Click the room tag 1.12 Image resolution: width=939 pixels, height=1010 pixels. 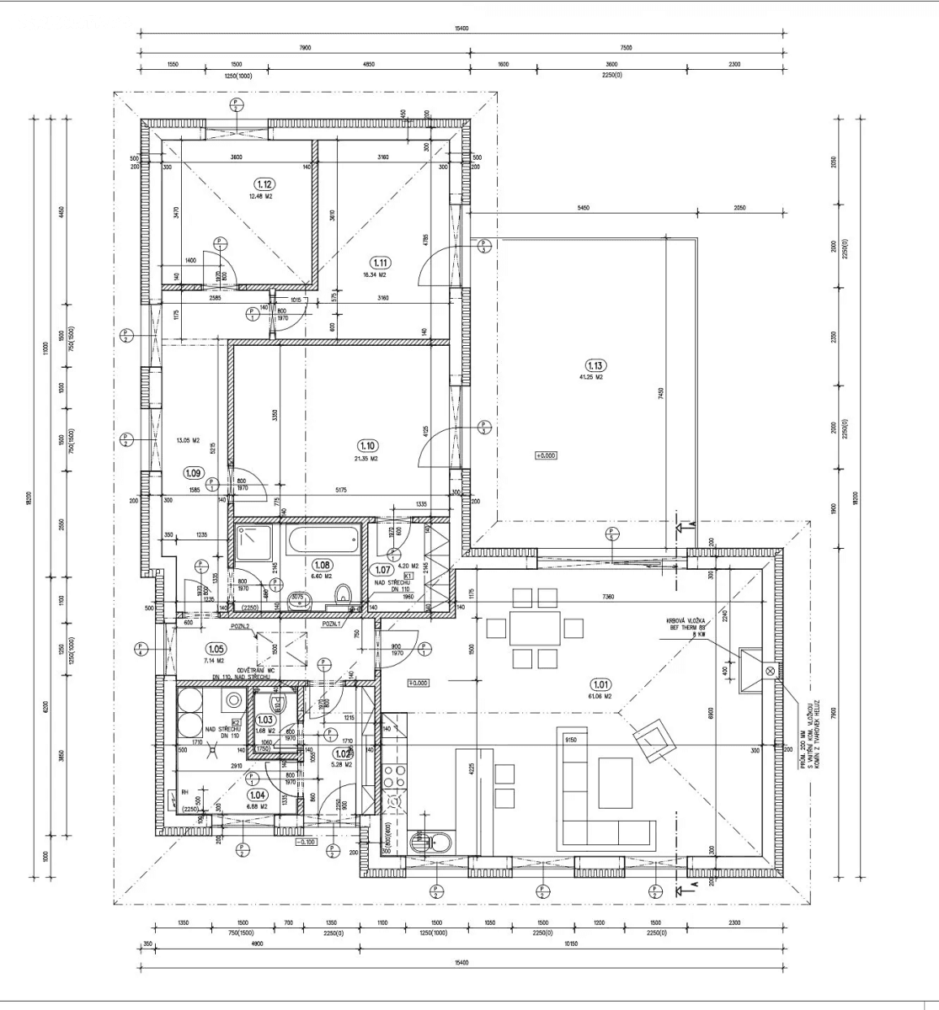coord(264,183)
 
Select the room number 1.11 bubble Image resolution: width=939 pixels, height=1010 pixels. coord(382,263)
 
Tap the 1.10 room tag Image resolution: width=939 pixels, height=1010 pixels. coord(367,446)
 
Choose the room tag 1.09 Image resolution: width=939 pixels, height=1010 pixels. coord(194,473)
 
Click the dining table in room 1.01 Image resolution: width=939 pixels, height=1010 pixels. coord(534,628)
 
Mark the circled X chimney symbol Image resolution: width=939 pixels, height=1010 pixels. coord(769,671)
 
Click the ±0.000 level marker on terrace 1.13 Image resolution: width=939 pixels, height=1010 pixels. coord(546,455)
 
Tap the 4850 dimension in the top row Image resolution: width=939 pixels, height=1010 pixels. coord(368,65)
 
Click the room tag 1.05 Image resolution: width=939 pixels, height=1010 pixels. coord(215,649)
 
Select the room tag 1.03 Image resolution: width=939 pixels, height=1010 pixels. coord(265,720)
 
